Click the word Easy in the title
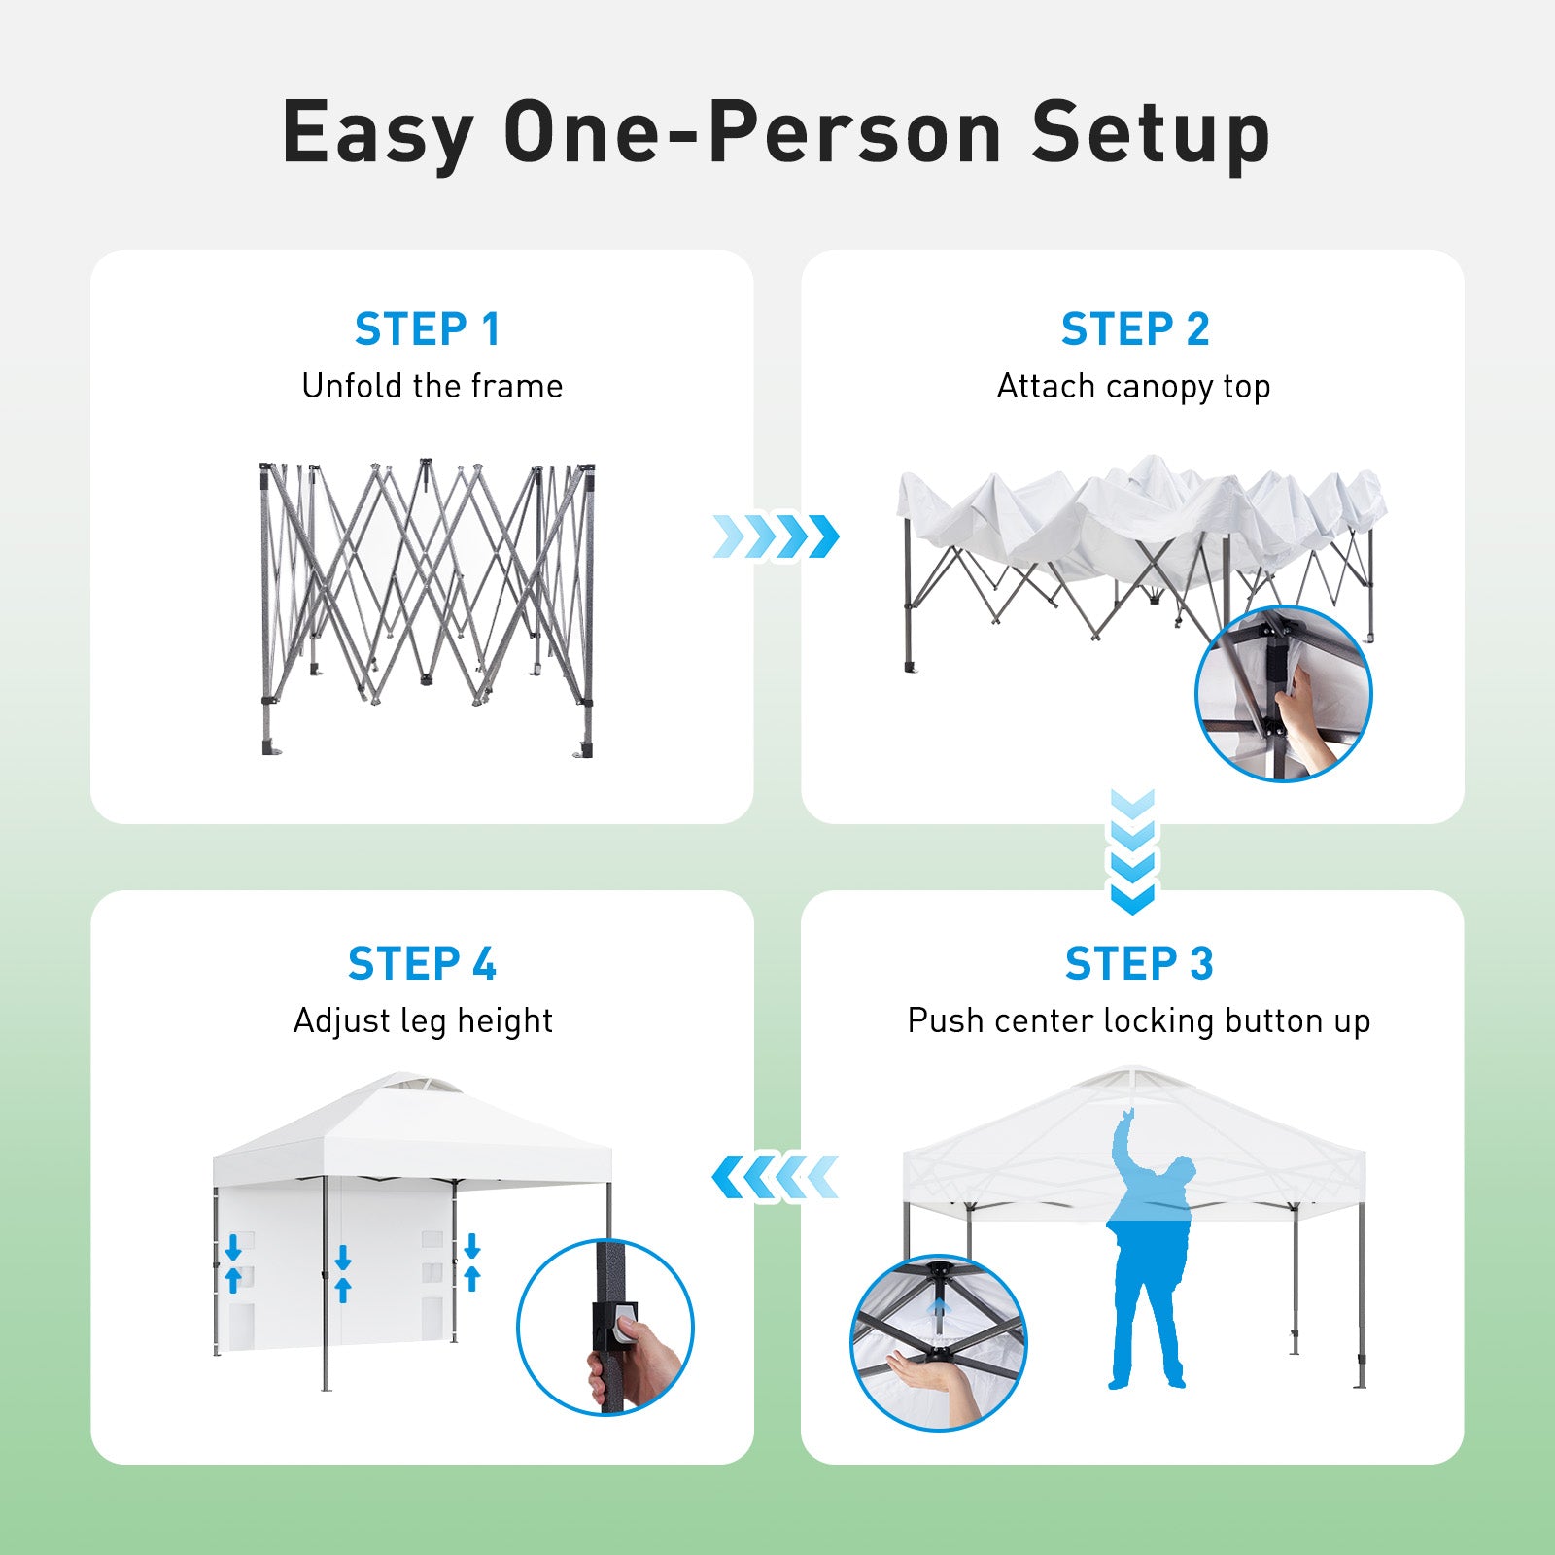[x=378, y=133]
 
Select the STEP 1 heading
[x=428, y=329]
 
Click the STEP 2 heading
[x=1135, y=329]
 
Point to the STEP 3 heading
[x=1139, y=964]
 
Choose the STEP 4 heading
[x=422, y=964]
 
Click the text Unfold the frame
[x=432, y=386]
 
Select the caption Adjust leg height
[x=423, y=1021]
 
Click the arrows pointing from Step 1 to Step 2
[x=776, y=536]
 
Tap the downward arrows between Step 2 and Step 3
[x=1132, y=851]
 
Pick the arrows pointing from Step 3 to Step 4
[x=776, y=1177]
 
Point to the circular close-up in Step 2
[x=1283, y=693]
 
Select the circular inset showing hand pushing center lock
[x=939, y=1342]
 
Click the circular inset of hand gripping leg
[x=605, y=1327]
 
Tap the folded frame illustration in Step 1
[x=427, y=607]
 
